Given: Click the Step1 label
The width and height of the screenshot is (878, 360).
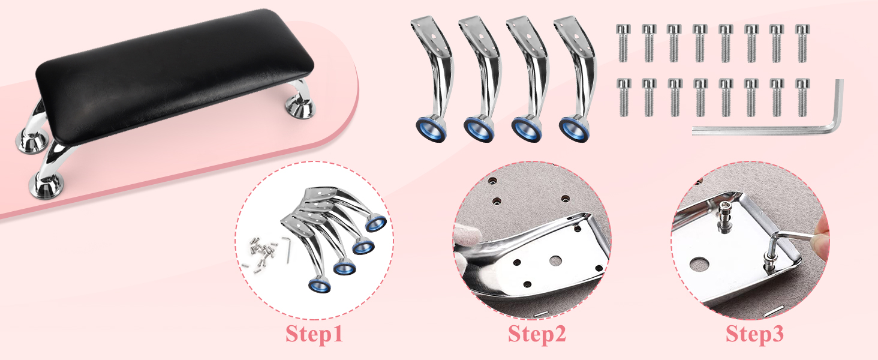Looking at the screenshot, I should click(x=314, y=334).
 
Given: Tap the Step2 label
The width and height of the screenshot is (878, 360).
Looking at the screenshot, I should click(x=537, y=334).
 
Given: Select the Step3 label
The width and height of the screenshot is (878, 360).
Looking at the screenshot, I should click(x=754, y=334).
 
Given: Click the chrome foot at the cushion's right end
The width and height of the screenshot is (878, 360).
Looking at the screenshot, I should click(x=300, y=108).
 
